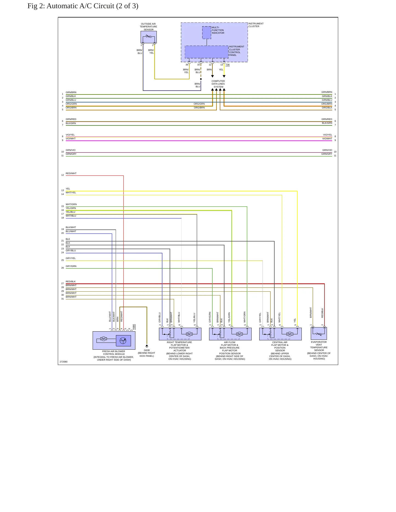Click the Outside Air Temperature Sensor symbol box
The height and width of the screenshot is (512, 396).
point(149,37)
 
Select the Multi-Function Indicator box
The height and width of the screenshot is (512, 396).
point(207,33)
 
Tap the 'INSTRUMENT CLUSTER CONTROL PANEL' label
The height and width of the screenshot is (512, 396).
point(237,51)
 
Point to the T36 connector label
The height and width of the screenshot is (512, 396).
point(227,65)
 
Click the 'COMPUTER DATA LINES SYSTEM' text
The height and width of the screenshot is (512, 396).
point(218,84)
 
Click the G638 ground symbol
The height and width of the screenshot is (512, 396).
point(147,346)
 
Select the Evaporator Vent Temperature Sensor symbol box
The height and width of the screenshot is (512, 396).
point(319,333)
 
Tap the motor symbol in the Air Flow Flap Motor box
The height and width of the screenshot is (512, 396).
point(240,334)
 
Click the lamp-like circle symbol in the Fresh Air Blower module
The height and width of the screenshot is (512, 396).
point(123,341)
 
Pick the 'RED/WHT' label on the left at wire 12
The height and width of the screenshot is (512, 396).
point(71,173)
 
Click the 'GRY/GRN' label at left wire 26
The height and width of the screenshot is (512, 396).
point(71,266)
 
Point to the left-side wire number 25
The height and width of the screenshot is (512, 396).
point(62,260)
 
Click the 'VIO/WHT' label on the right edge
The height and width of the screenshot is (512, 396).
point(327,139)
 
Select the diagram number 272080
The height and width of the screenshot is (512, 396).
point(64,362)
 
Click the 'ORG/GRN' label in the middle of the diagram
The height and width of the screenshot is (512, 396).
point(199,104)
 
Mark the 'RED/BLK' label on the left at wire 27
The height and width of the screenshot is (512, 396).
point(71,281)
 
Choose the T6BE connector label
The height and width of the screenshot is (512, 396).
point(134,327)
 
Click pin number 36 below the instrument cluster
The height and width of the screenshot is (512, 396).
point(187,65)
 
